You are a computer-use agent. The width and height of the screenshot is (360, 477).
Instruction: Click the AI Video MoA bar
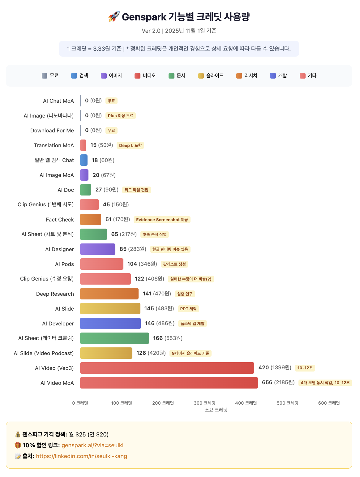169,383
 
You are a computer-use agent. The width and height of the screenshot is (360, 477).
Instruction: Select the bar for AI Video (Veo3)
167,368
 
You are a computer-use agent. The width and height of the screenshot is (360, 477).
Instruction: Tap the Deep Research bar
109,294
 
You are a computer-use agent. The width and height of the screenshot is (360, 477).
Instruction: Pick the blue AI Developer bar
110,323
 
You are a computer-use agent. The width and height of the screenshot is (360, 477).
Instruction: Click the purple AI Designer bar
98,249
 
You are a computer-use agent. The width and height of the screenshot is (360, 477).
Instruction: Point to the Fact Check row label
60,220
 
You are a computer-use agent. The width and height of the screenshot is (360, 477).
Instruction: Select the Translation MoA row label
54,145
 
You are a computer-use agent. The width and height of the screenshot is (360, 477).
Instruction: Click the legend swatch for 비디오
138,76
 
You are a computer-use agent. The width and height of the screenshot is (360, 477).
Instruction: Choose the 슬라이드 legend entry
211,75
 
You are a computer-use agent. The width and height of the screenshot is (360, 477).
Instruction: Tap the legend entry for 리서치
247,75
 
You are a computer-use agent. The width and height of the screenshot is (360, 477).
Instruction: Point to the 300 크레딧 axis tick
204,403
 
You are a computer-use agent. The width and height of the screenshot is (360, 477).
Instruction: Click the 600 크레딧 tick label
329,403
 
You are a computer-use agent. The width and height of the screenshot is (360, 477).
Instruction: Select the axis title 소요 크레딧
216,410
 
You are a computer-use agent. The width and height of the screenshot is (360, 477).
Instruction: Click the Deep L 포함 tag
130,145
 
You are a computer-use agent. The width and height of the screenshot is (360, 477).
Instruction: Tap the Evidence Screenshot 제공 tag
162,220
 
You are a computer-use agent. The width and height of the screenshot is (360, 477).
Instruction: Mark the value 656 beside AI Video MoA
267,382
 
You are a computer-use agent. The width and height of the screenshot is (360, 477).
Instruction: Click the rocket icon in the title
114,17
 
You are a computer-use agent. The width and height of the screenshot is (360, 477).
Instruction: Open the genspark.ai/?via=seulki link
92,445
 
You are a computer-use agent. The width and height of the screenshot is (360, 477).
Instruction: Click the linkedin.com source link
81,456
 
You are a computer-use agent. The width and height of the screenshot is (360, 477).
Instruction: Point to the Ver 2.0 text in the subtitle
151,31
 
